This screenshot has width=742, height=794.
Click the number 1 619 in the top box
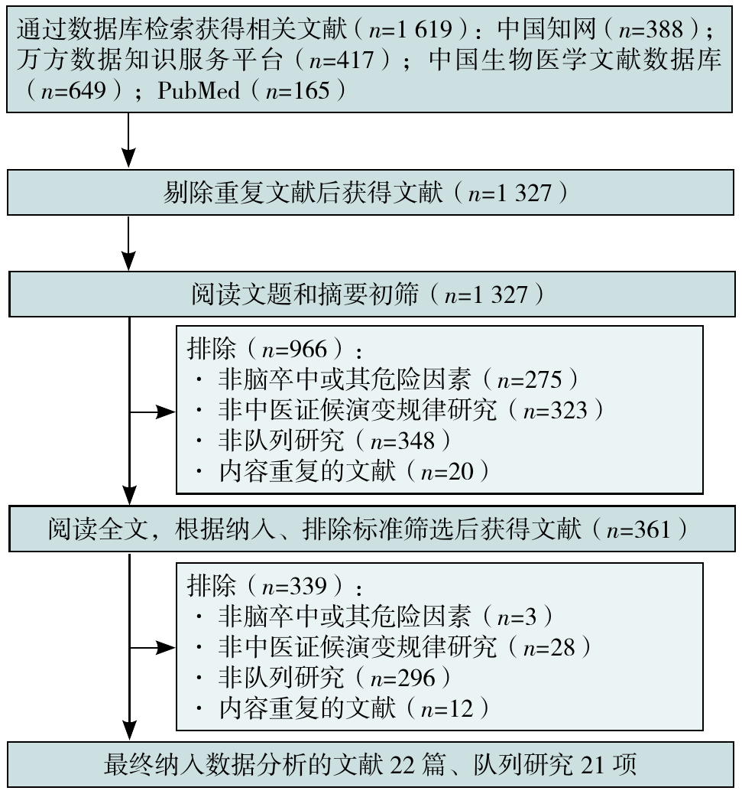424,29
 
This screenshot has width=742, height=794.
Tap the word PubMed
198,90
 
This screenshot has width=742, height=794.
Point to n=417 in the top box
341,60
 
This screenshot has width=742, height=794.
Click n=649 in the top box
73,91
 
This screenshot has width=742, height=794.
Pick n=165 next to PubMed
297,91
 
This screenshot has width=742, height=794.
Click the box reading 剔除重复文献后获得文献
371,193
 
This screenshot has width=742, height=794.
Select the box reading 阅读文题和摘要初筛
371,294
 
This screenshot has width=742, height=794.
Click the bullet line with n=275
387,379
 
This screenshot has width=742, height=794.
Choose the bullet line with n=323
400,410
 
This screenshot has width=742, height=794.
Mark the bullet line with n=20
342,471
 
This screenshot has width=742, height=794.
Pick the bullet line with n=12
342,708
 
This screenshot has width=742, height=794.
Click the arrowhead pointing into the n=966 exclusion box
165,412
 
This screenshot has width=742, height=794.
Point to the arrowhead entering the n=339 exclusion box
165,648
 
